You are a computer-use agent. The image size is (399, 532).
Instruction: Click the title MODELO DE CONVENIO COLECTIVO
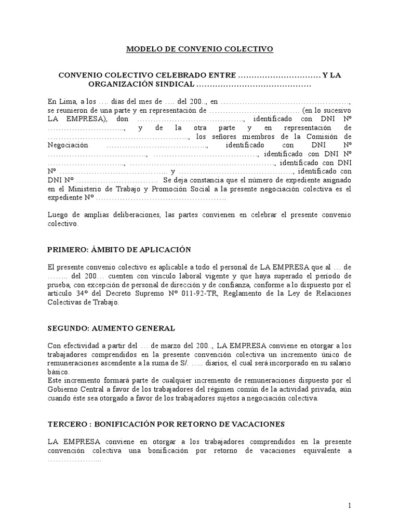pos(199,49)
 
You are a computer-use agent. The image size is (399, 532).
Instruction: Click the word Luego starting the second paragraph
pos(58,215)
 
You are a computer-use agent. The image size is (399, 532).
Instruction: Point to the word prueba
pos(58,285)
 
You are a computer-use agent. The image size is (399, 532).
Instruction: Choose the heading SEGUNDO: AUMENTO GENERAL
pos(111,328)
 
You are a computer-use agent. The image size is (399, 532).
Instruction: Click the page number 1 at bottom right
pos(350,506)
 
